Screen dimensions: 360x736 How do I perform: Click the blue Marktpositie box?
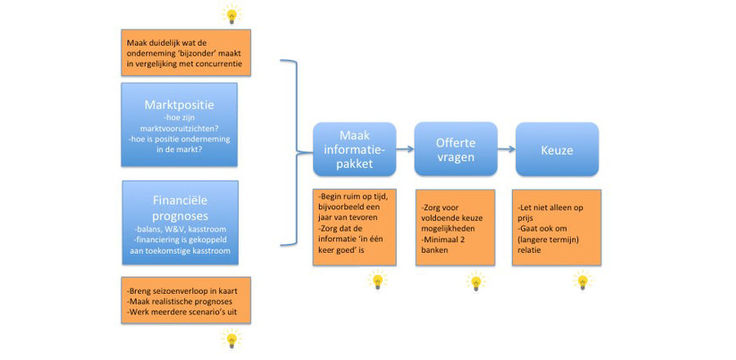[x=179, y=124]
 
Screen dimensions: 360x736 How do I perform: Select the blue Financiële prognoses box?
[x=180, y=223]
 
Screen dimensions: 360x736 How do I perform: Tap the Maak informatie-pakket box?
[x=354, y=149]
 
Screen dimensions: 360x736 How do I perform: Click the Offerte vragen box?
[x=456, y=149]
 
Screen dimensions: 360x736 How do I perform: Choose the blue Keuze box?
[x=557, y=150]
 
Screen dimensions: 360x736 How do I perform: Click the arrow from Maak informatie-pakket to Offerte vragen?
[x=405, y=150]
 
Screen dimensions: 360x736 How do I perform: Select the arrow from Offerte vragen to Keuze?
[x=506, y=150]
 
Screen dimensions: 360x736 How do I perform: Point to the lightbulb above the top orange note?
[x=231, y=15]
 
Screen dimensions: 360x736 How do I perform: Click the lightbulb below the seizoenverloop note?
[x=232, y=339]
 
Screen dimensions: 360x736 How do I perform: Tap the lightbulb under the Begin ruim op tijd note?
[x=377, y=281]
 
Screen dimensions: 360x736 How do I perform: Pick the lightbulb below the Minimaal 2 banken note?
[x=474, y=281]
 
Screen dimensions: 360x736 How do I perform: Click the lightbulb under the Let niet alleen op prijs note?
[x=582, y=281]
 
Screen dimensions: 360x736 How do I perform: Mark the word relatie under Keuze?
[x=529, y=250]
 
